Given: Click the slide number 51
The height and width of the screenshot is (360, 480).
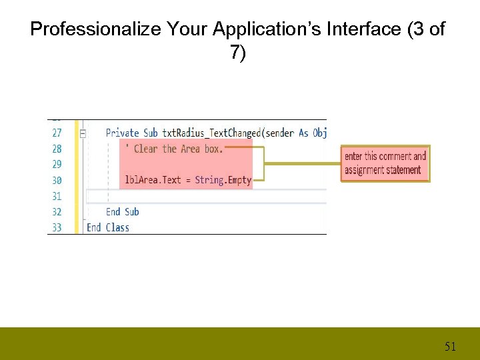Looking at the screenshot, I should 451,347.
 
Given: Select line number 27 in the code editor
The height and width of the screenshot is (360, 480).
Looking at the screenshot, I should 57,133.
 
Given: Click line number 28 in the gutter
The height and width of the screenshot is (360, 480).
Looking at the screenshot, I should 57,149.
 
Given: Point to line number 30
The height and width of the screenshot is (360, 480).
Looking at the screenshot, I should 57,180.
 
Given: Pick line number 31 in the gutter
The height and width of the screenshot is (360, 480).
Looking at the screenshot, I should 57,196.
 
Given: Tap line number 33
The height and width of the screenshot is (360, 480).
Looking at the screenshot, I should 57,227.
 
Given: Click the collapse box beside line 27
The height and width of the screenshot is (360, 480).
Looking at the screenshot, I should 83,133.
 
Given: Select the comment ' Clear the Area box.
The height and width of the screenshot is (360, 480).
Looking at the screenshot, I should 174,149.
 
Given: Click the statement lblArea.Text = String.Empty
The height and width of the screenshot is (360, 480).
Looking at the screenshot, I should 188,180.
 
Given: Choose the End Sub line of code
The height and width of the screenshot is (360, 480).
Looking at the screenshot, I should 122,212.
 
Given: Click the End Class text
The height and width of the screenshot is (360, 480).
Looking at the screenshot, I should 108,227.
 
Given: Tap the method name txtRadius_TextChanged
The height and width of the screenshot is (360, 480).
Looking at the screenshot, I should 211,133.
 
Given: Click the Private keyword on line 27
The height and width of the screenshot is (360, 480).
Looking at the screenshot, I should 123,133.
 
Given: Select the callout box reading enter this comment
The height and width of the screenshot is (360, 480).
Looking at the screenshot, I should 385,163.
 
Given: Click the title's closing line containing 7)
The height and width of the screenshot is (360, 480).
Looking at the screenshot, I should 238,53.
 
